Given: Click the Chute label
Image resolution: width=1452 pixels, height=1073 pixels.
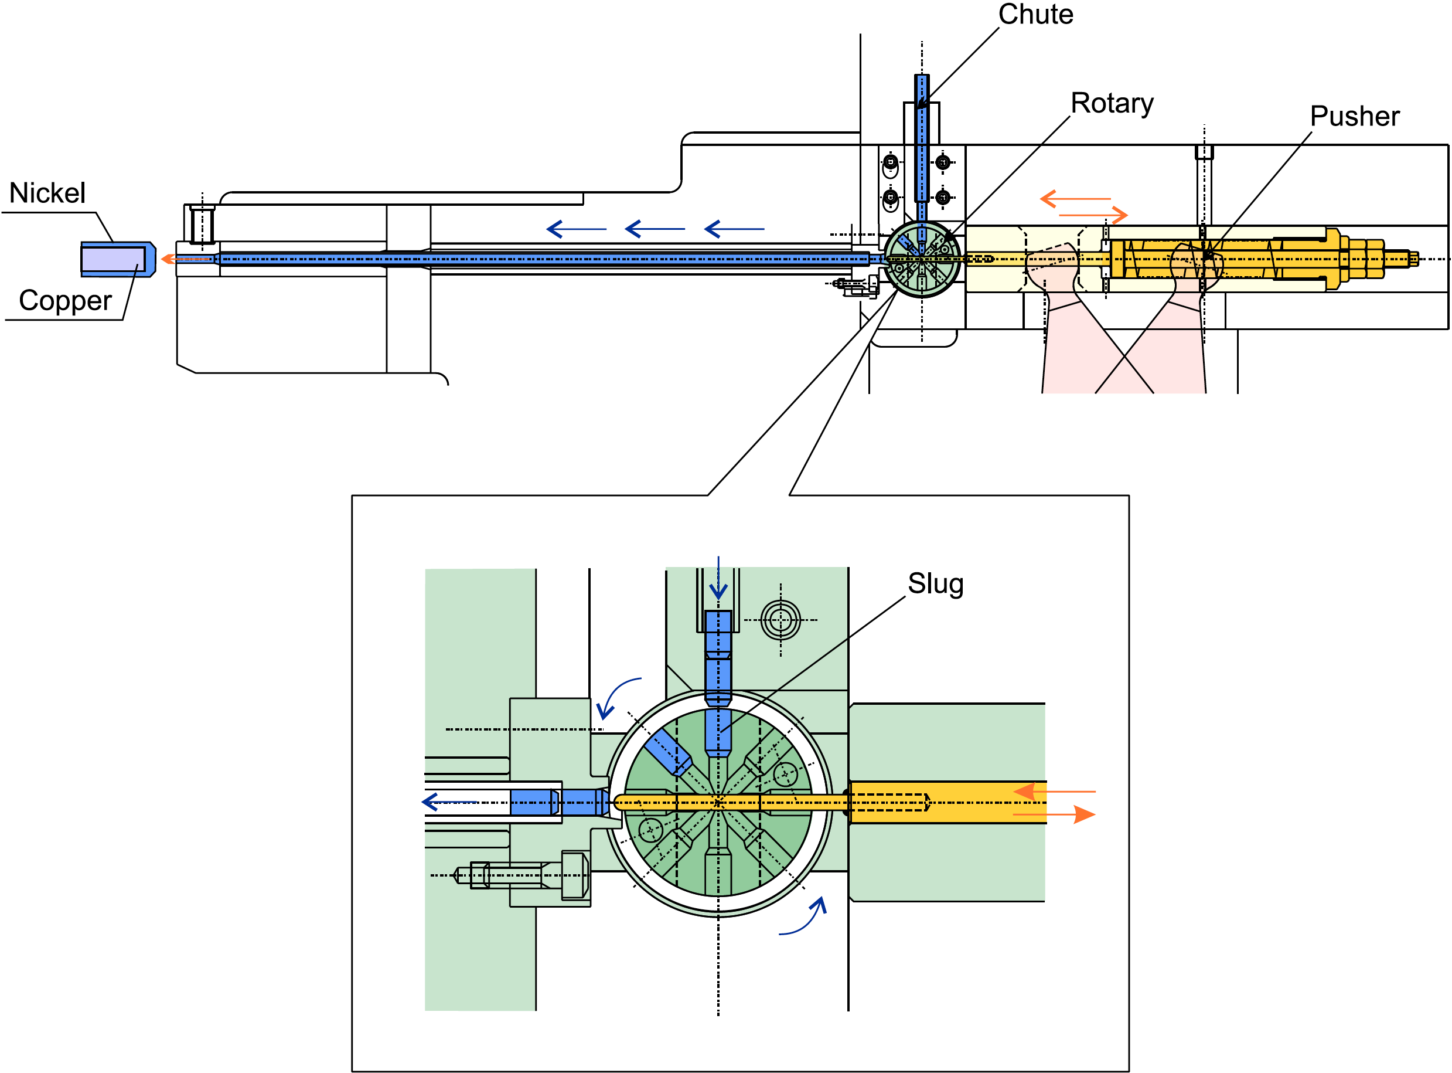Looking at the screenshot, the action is coord(1035,14).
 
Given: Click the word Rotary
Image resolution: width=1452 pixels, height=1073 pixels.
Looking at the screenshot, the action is coord(1112,104).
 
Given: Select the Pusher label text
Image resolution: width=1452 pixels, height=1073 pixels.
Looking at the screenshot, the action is coord(1355,116).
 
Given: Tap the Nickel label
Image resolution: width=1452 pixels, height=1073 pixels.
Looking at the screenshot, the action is coord(47,193).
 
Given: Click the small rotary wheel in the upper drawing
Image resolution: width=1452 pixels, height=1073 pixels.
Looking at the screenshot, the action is coord(922,259).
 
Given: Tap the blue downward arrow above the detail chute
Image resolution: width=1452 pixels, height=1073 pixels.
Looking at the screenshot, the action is coord(718,578).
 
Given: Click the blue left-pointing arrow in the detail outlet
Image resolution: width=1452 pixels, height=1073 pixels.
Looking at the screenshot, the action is coord(449,802).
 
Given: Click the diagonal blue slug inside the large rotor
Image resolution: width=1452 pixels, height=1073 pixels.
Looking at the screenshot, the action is coord(668,752).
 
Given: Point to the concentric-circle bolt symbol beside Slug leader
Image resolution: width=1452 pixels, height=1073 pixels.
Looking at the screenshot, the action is coord(780,620).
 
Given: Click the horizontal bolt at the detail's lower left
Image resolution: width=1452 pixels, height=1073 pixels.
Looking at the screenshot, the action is coord(522,875).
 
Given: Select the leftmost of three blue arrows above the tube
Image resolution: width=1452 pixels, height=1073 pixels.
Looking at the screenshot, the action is coord(577,229).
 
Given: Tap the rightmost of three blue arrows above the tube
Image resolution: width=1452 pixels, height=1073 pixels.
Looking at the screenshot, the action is coord(734,229).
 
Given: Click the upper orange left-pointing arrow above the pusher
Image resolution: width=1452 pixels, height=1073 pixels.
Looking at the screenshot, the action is coord(1075,198).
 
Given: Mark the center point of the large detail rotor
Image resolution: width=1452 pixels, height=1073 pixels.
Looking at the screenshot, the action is coord(718,803).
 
